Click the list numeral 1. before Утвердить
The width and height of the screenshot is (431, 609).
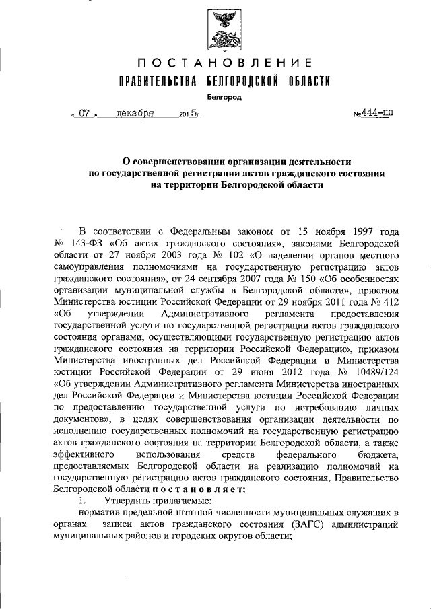[x=83, y=501]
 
